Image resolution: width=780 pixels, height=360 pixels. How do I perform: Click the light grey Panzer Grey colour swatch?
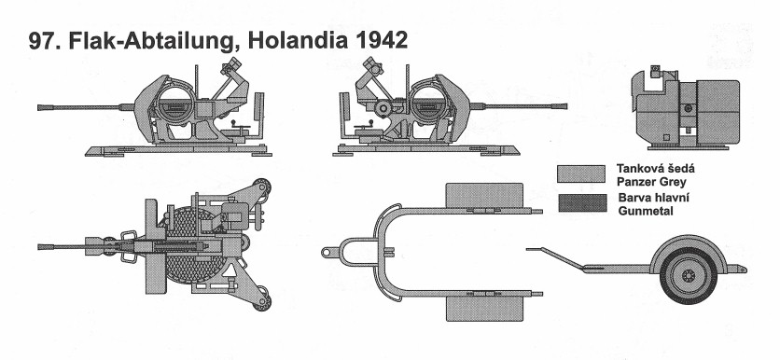tap(581, 174)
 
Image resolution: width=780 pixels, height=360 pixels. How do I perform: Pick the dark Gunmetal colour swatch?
tap(582, 203)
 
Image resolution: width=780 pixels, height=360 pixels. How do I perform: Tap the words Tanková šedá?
tap(656, 169)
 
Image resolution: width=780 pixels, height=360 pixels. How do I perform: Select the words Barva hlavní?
tap(654, 198)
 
